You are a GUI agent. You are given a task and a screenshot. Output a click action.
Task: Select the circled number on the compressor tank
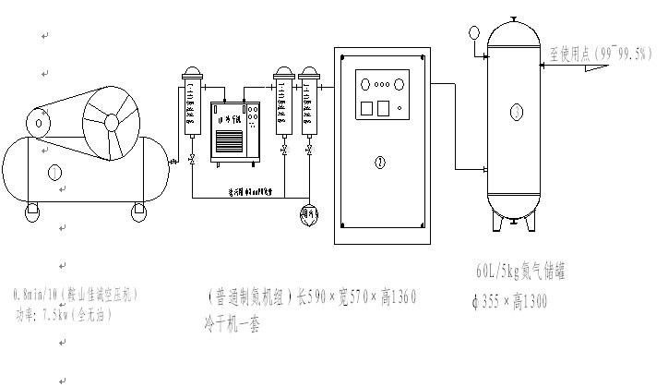(x=54, y=171)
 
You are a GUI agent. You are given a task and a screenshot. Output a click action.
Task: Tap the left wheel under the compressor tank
(x=32, y=212)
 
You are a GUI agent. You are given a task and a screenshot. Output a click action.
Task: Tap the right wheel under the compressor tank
(x=137, y=212)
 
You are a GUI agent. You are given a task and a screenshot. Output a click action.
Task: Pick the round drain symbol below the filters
(x=308, y=214)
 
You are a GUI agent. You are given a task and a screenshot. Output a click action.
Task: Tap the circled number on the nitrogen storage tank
(x=515, y=112)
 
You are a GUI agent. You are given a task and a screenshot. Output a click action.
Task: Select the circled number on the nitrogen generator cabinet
(x=380, y=163)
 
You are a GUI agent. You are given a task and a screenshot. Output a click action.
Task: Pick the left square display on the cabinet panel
(x=364, y=107)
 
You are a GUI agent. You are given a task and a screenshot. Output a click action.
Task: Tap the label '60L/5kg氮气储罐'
(x=519, y=272)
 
